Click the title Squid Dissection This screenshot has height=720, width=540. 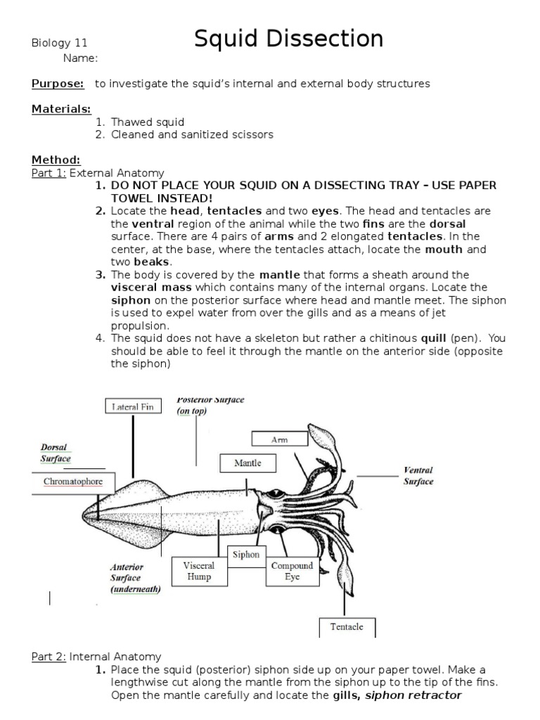tap(288, 39)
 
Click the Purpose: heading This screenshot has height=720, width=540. tap(58, 84)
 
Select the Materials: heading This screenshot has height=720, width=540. tap(61, 108)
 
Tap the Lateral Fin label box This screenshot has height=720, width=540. tap(133, 406)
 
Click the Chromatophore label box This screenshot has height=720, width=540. tap(73, 482)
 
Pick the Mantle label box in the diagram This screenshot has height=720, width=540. tap(247, 463)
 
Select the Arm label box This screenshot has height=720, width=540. tap(279, 439)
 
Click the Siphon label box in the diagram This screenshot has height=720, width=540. tap(246, 555)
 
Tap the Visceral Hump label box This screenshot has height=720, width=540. tap(199, 571)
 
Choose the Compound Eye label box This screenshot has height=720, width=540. tap(292, 571)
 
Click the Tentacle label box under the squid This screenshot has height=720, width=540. tap(347, 626)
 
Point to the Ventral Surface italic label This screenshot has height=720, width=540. tap(418, 476)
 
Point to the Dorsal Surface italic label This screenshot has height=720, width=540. tap(55, 453)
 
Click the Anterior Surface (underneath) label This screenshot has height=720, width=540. tap(135, 578)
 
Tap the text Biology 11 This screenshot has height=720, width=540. tap(59, 43)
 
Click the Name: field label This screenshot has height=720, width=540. tap(80, 58)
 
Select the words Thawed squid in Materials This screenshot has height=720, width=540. tap(148, 122)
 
